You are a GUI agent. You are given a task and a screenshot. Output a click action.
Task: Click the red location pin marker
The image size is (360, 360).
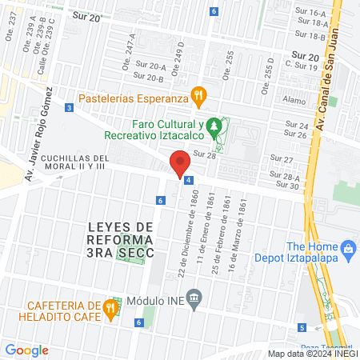tap(180, 163)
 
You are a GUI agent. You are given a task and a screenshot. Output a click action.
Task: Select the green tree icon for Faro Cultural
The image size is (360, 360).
tap(213, 126)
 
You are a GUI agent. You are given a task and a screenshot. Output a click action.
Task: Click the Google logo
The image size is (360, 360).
tap(26, 350)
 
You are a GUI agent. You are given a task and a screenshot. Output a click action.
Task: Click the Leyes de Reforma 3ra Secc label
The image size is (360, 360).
tap(120, 239)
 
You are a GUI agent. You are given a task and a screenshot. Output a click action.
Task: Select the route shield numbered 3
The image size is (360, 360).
tap(70, 107)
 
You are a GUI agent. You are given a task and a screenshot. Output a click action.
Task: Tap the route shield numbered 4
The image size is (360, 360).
tap(188, 181)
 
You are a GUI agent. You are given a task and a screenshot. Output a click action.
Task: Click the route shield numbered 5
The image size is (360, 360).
tap(302, 327)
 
